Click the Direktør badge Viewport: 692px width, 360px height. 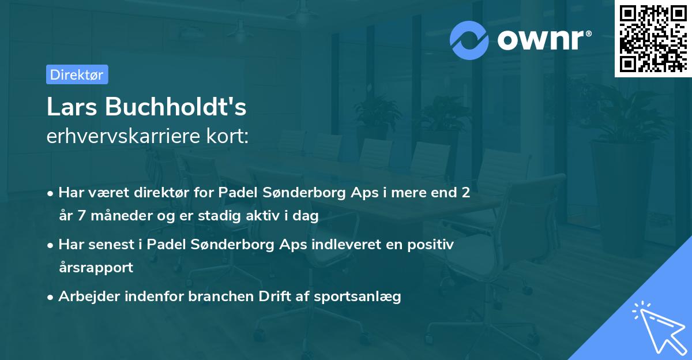tap(77, 74)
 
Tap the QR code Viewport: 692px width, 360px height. tap(653, 39)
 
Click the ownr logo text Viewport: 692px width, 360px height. tap(544, 40)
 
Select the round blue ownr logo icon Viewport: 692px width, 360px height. tap(469, 40)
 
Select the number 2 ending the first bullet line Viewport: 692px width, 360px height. tap(465, 193)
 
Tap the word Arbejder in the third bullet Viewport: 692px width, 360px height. tap(84, 297)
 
